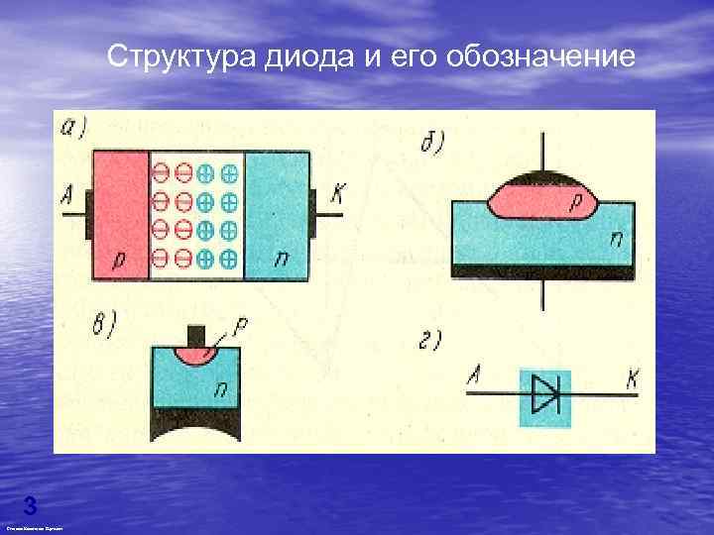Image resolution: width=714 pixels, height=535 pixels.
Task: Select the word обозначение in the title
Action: [539, 55]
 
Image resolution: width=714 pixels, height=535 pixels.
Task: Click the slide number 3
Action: [30, 506]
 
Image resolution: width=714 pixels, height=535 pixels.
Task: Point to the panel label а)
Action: [75, 130]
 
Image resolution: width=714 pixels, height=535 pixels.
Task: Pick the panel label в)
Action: [102, 323]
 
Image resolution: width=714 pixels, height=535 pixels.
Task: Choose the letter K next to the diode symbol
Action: [631, 377]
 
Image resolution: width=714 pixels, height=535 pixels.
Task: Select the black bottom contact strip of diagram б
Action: [541, 270]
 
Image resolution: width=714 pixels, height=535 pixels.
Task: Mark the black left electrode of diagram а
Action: [87, 215]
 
